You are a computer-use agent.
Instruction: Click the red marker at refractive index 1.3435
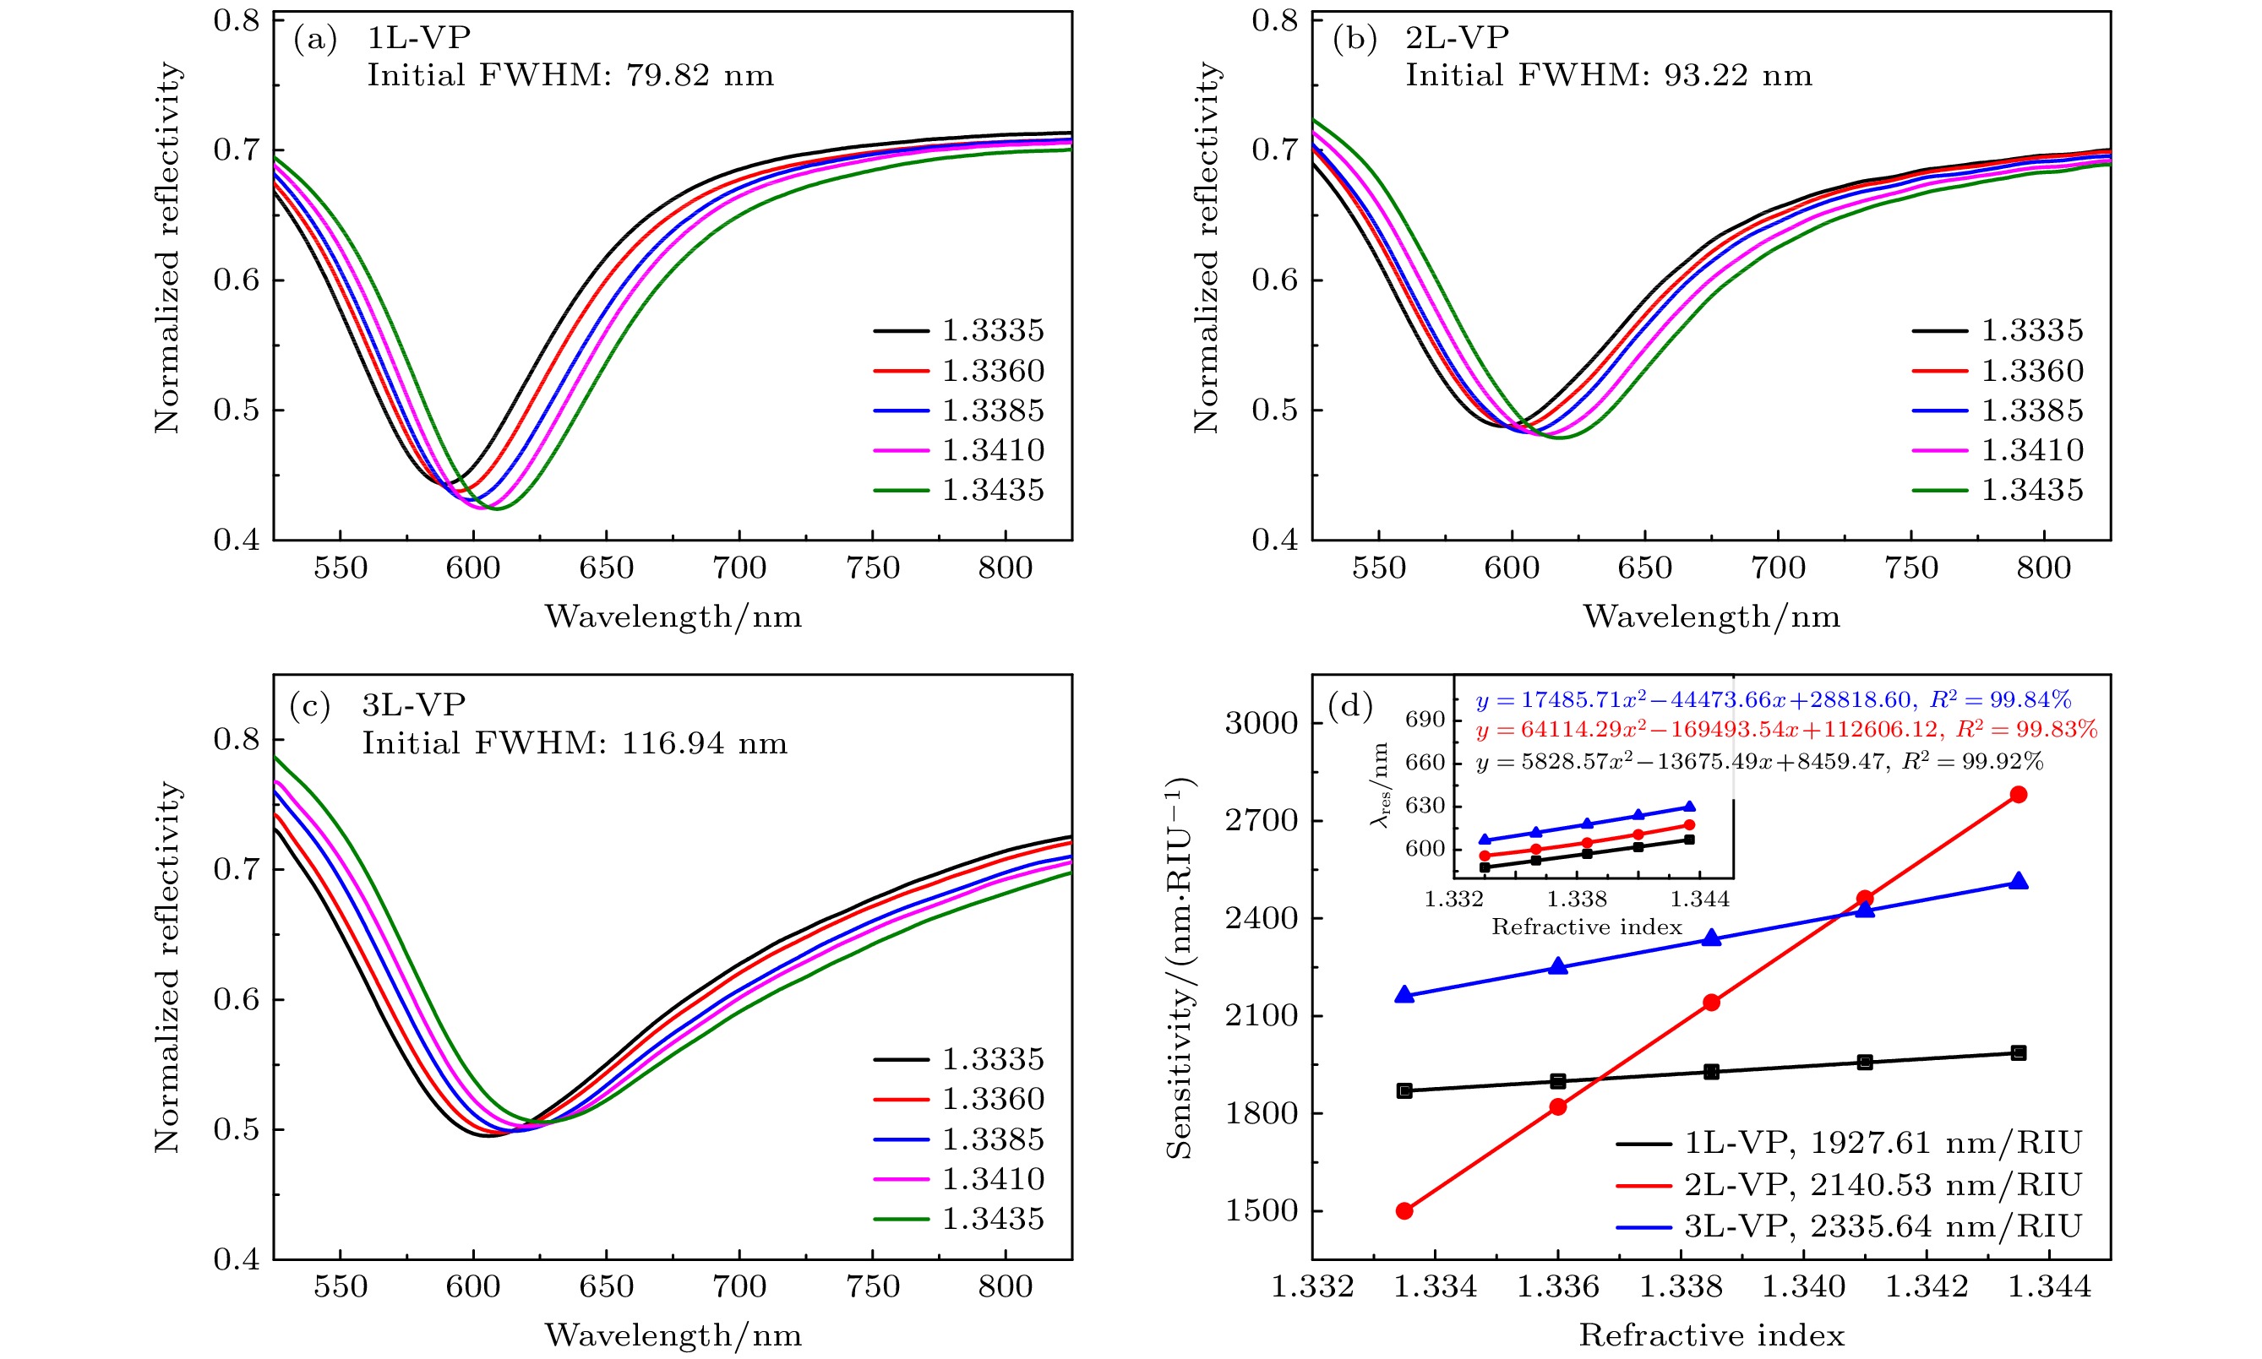click(x=2019, y=794)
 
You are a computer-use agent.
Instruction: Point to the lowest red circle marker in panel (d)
click(x=1404, y=1210)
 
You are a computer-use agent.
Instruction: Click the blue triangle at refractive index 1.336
click(x=1558, y=967)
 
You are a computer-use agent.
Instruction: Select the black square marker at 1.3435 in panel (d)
click(x=2019, y=1053)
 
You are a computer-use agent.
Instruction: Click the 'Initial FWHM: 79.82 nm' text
click(x=570, y=75)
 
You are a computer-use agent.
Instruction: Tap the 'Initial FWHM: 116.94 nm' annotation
click(x=575, y=742)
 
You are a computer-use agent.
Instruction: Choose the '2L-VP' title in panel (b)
click(x=1457, y=37)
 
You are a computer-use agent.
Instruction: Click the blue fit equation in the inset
click(x=1773, y=700)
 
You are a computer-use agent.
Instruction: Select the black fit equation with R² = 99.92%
click(x=1759, y=762)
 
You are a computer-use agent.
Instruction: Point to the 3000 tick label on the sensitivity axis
click(x=1262, y=724)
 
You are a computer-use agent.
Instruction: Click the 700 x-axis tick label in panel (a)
click(x=739, y=568)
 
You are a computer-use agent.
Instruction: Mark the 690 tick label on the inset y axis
click(x=1425, y=720)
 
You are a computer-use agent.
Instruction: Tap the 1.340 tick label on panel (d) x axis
click(x=1803, y=1286)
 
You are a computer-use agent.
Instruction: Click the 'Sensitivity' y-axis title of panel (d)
click(x=1181, y=969)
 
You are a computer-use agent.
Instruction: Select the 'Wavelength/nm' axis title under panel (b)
click(x=1711, y=617)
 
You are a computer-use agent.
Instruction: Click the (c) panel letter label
click(x=309, y=706)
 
